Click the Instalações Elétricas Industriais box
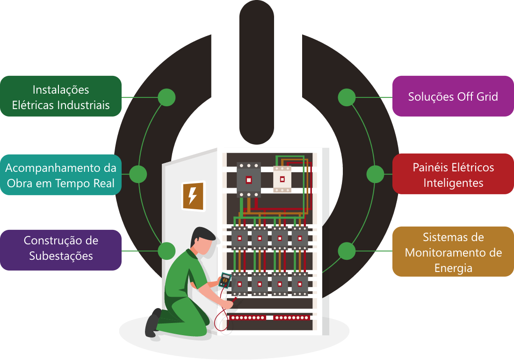pyautogui.click(x=61, y=96)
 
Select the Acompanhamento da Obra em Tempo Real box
pyautogui.click(x=61, y=174)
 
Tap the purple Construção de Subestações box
pyautogui.click(x=61, y=249)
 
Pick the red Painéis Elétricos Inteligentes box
pyautogui.click(x=453, y=174)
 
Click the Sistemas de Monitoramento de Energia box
pyautogui.click(x=453, y=252)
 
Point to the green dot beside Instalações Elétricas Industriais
pyautogui.click(x=167, y=97)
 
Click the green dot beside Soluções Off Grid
pyautogui.click(x=347, y=97)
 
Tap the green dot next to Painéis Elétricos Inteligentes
pyautogui.click(x=375, y=174)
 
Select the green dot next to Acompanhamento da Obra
pyautogui.click(x=138, y=174)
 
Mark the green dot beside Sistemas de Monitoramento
pyautogui.click(x=347, y=251)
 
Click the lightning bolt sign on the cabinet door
pyautogui.click(x=193, y=196)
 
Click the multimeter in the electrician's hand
pyautogui.click(x=225, y=280)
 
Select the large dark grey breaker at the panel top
pyautogui.click(x=248, y=179)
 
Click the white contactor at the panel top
pyautogui.click(x=282, y=179)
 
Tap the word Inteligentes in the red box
pyautogui.click(x=453, y=183)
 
